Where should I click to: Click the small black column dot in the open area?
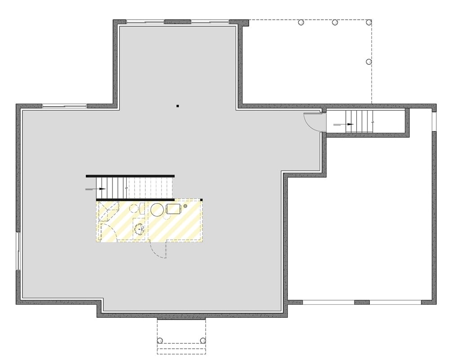(178, 106)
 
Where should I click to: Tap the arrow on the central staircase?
(100, 189)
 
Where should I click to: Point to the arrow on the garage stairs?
(349, 124)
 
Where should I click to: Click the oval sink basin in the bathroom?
(139, 228)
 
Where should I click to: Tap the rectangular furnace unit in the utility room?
(174, 208)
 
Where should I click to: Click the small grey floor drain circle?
(185, 206)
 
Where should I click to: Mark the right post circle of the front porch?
(202, 340)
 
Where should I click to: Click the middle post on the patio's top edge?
(335, 22)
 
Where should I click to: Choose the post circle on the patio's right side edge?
(368, 61)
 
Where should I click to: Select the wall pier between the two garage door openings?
(362, 302)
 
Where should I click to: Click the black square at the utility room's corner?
(201, 200)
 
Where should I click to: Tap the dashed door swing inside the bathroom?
(110, 232)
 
